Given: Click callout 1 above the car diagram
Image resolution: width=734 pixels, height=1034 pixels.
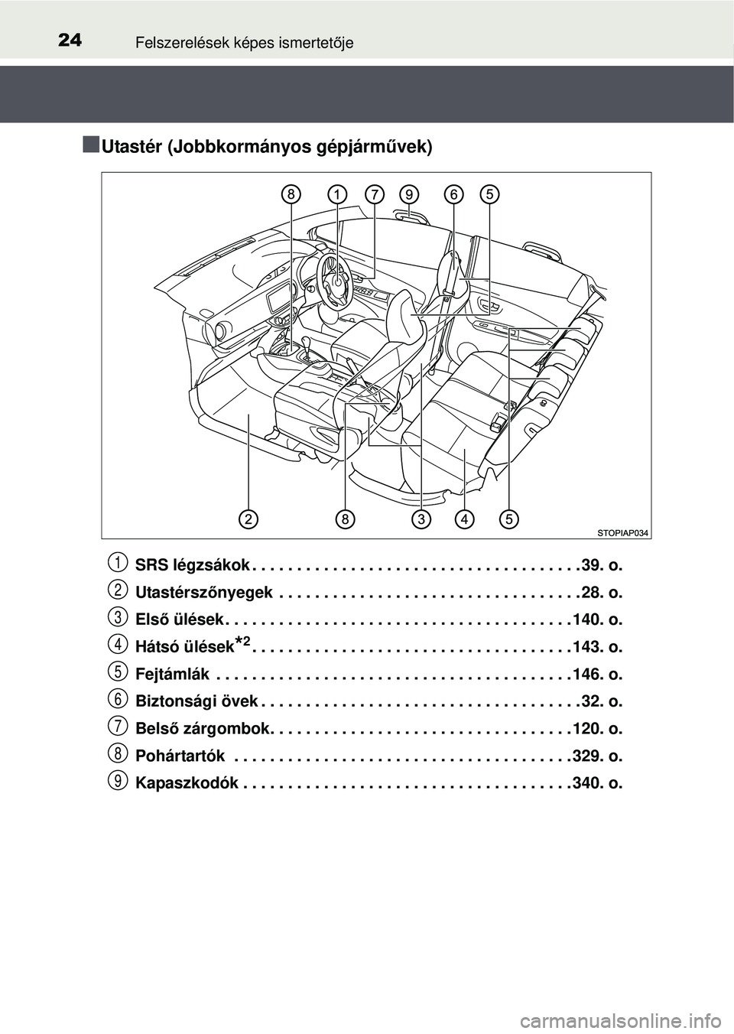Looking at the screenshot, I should pyautogui.click(x=336, y=195).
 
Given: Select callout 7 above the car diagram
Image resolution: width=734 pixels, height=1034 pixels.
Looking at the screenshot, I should pyautogui.click(x=374, y=195).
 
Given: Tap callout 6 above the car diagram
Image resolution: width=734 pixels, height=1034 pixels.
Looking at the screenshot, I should pyautogui.click(x=453, y=195).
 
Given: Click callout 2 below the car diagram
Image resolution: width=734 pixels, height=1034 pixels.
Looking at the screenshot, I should pyautogui.click(x=247, y=519).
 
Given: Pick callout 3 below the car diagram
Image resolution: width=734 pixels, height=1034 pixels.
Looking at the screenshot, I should pyautogui.click(x=421, y=519).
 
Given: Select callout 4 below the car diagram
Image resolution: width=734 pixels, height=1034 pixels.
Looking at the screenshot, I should pyautogui.click(x=464, y=519).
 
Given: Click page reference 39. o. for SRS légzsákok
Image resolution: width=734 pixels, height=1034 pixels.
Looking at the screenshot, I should pyautogui.click(x=602, y=565).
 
